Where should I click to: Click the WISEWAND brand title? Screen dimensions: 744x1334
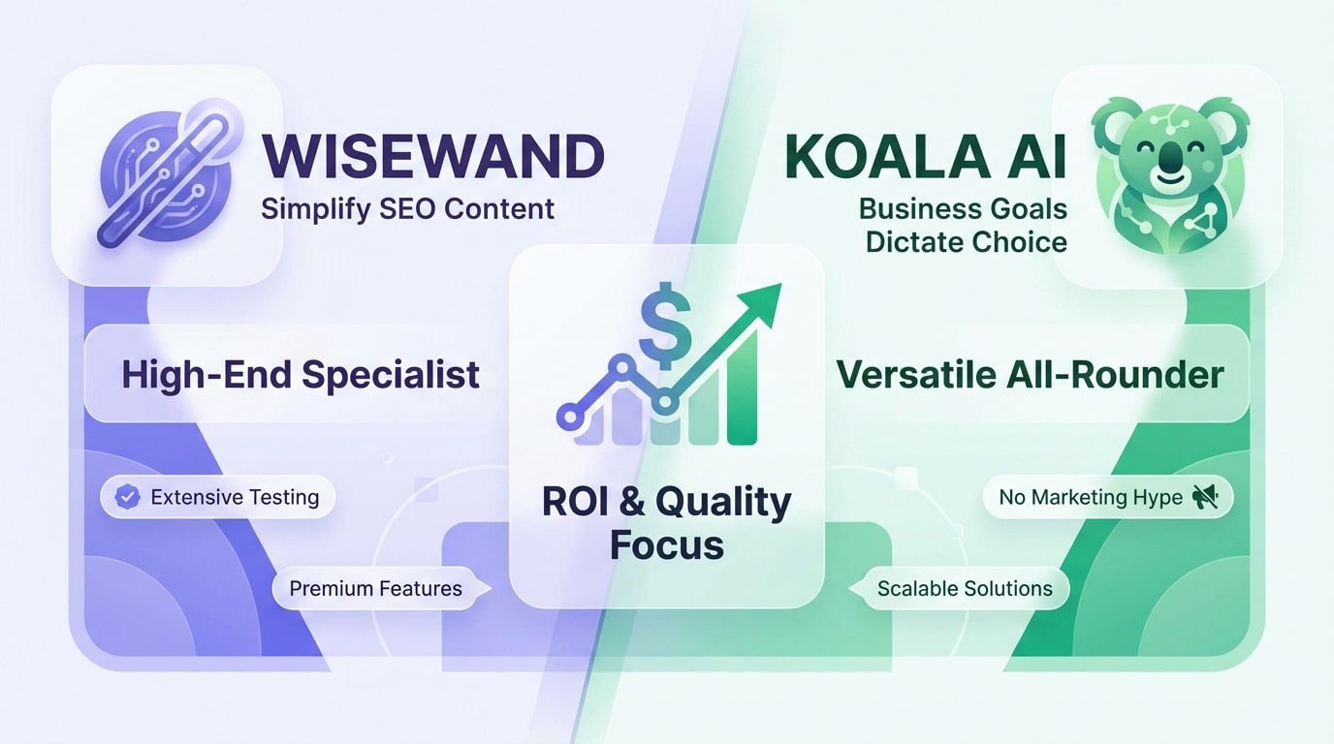click(432, 156)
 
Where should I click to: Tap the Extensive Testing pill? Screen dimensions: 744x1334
click(217, 498)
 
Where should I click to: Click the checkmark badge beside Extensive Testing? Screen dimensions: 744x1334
click(127, 498)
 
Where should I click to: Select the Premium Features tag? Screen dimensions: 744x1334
click(375, 588)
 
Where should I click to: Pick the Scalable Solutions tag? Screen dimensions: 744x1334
click(965, 588)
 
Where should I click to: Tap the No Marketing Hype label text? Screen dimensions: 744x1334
click(1090, 498)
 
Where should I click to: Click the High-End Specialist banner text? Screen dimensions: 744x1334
click(300, 374)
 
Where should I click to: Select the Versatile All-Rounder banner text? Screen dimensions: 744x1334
click(1030, 374)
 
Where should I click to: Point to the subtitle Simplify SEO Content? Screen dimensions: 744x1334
click(407, 208)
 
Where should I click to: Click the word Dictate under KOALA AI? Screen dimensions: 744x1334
click(914, 241)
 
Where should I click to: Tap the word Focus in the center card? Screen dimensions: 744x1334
click(666, 544)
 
